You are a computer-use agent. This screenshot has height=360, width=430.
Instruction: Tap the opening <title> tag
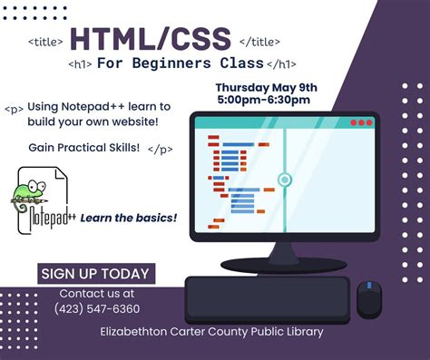[45, 42]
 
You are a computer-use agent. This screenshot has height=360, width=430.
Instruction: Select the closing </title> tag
[259, 42]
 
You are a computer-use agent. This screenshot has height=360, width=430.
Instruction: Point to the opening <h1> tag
[81, 64]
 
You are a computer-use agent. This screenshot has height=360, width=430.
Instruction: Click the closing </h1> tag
[280, 64]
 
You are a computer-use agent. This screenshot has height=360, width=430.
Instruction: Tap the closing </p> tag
[159, 148]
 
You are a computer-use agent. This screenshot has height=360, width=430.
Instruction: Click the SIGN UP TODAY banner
[96, 273]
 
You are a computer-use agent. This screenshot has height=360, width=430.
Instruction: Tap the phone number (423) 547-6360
[96, 309]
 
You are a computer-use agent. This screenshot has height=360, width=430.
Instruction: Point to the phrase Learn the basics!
[129, 218]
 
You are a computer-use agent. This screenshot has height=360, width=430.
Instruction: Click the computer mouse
[368, 297]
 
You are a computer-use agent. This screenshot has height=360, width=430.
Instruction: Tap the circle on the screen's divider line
[284, 180]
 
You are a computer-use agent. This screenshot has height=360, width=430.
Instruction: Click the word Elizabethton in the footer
[137, 332]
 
